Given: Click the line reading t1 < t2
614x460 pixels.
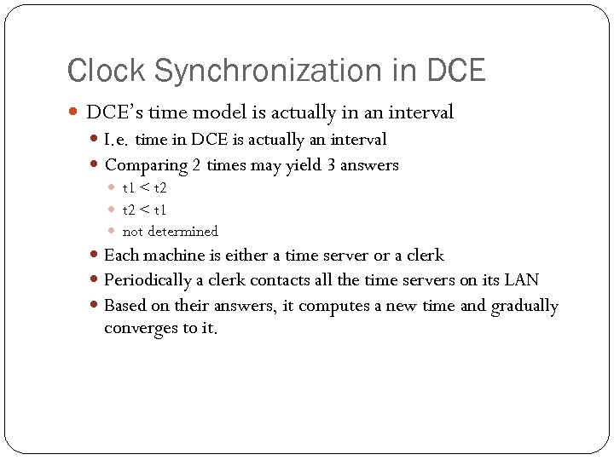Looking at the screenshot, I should tap(144, 187).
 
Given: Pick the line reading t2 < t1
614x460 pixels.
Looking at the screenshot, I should tap(144, 210).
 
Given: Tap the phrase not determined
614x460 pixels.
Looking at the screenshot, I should tap(170, 232).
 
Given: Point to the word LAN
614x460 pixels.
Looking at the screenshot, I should tap(522, 279).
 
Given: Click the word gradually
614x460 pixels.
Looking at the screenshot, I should tap(524, 306).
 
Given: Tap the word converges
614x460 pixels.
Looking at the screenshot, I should tap(141, 329).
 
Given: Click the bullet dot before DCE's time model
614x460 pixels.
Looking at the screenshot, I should tap(72, 112).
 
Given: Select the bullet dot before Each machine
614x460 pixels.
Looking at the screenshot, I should tap(95, 256).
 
